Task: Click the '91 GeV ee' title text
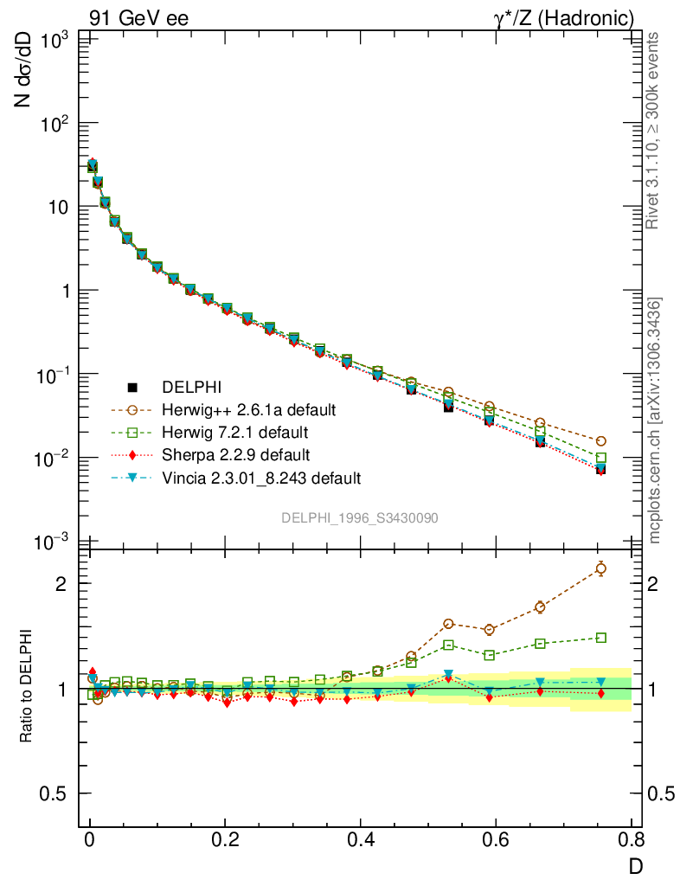pos(138,17)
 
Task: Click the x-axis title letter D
pos(635,864)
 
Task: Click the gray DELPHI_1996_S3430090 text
pos(360,517)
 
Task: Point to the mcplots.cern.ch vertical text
pos(655,421)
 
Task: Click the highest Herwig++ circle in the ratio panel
pos(601,568)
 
